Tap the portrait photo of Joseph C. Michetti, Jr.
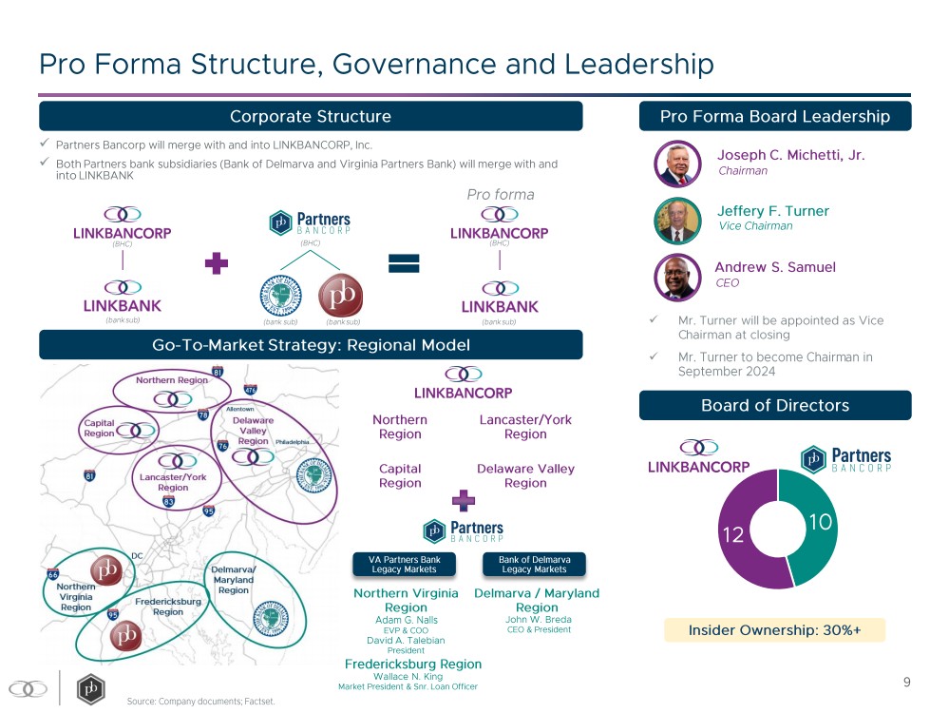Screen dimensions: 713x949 tap(678, 163)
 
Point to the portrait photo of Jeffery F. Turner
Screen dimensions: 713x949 tap(678, 220)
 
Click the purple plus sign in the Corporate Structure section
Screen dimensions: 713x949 tap(218, 264)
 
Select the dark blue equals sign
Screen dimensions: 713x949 tap(405, 264)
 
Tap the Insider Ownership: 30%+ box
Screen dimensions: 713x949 tap(774, 629)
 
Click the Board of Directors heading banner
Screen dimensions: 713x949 tap(774, 406)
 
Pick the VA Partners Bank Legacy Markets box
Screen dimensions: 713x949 tap(405, 565)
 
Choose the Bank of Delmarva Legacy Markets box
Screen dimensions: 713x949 tap(535, 565)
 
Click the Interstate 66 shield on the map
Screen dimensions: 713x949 tap(53, 574)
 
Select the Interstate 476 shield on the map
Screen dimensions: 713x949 tap(250, 389)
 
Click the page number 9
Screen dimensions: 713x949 tap(906, 682)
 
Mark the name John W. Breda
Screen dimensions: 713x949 tap(538, 620)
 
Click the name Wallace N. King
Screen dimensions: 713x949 tap(408, 677)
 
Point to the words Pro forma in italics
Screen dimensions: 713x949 tap(500, 195)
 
